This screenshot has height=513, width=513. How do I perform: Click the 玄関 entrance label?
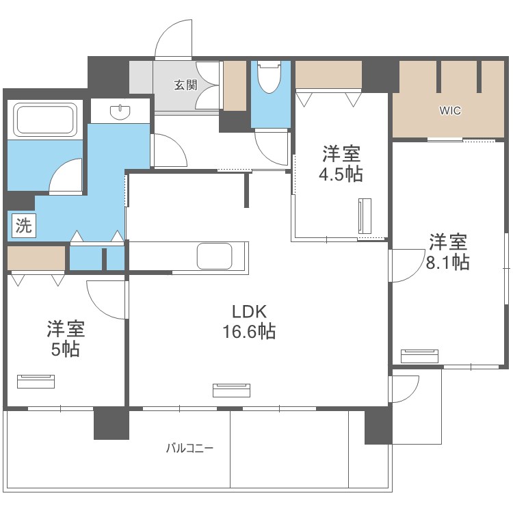pos(185,85)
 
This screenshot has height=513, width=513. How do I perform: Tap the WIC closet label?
pos(450,111)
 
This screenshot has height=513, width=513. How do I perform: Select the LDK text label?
pos(249,311)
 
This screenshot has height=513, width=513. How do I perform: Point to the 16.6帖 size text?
pos(249,331)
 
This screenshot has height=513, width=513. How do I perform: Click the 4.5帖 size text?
pos(341,174)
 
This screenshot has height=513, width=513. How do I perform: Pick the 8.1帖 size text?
pos(447,262)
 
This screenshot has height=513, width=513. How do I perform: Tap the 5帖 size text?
pos(66,349)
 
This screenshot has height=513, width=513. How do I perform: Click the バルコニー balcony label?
pos(189,447)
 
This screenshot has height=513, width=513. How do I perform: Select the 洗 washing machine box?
pos(24,226)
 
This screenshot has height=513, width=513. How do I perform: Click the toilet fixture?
pos(270,77)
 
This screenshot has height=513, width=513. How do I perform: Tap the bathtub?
pos(46,119)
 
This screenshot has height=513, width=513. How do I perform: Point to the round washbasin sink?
pos(120,112)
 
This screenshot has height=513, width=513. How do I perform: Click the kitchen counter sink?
pos(215,256)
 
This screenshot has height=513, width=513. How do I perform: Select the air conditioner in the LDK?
pos(231,391)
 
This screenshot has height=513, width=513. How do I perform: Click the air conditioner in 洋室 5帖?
pos(36,382)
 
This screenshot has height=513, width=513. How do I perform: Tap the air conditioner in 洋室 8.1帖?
pos(419,356)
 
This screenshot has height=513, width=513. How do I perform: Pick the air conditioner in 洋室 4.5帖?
pos(365,216)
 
